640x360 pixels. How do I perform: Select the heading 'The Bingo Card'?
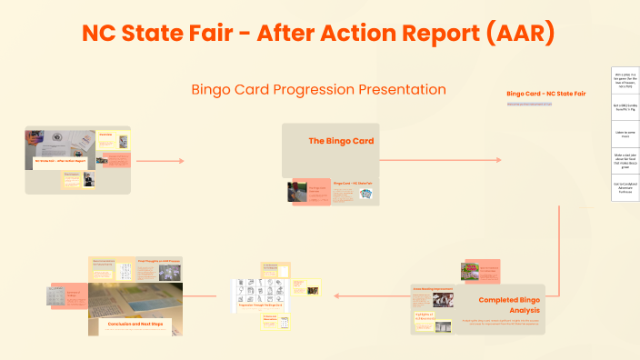(x=341, y=141)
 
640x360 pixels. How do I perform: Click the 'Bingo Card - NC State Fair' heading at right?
(x=545, y=94)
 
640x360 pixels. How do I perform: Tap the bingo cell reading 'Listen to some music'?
(x=625, y=135)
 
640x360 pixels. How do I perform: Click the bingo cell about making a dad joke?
(x=625, y=161)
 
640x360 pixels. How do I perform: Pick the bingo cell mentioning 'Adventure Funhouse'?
(x=625, y=188)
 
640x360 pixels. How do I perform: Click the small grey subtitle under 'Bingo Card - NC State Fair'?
(x=529, y=105)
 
